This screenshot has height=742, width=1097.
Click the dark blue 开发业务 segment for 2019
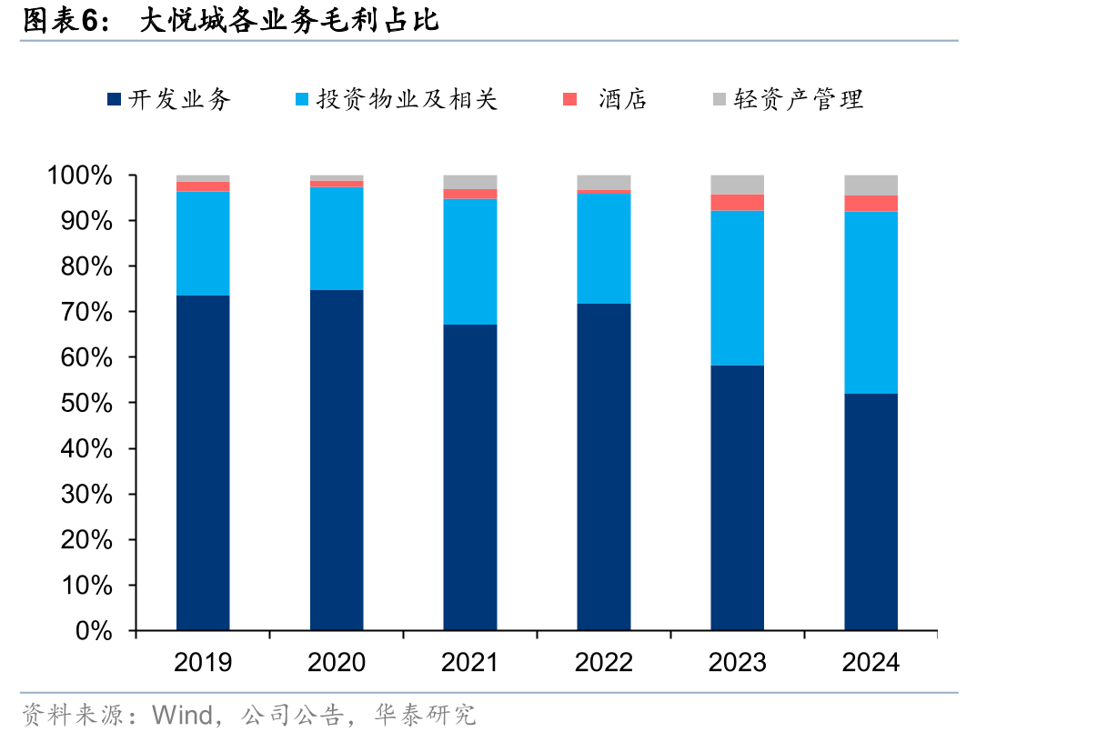pyautogui.click(x=203, y=463)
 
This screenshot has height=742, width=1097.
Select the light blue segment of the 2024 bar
pyautogui.click(x=871, y=303)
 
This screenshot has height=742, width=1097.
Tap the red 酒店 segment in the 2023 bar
pyautogui.click(x=737, y=203)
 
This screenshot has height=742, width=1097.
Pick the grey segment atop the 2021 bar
pyautogui.click(x=470, y=182)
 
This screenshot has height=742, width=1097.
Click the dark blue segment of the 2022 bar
pyautogui.click(x=604, y=466)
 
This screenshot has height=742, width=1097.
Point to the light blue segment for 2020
pyautogui.click(x=337, y=238)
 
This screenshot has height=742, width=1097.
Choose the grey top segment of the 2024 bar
pyautogui.click(x=871, y=185)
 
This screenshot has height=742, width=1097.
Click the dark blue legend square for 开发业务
pyautogui.click(x=114, y=99)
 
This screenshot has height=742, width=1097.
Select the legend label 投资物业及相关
pyautogui.click(x=407, y=99)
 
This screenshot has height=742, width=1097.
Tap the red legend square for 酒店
pyautogui.click(x=569, y=99)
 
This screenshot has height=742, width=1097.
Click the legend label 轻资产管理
pyautogui.click(x=799, y=99)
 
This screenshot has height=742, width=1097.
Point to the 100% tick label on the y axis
pyautogui.click(x=80, y=175)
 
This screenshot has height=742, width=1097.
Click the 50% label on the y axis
pyautogui.click(x=86, y=404)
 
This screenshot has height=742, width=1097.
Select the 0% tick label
pyautogui.click(x=94, y=631)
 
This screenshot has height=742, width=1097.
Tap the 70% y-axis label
pyautogui.click(x=86, y=312)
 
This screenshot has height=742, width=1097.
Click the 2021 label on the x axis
pyautogui.click(x=469, y=662)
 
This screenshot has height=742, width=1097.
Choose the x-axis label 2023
pyautogui.click(x=737, y=662)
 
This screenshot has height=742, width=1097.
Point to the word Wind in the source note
pyautogui.click(x=182, y=715)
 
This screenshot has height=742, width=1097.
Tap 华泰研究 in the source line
pyautogui.click(x=425, y=715)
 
